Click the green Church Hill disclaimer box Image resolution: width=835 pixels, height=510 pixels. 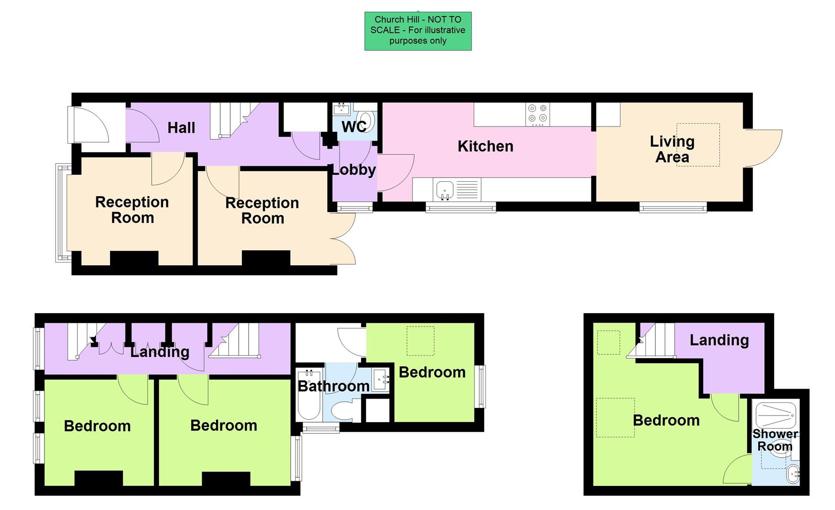click(418, 31)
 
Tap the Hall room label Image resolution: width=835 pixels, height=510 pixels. click(181, 127)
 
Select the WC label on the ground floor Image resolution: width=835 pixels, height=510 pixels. click(353, 127)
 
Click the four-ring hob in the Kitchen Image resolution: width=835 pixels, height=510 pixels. click(537, 114)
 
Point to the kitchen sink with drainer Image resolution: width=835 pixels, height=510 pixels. click(456, 189)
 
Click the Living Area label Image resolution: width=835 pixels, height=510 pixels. click(672, 149)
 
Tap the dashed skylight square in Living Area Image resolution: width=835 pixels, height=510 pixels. click(698, 144)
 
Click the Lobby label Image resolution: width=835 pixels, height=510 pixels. click(353, 170)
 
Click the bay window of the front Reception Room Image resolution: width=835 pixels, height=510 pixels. click(62, 212)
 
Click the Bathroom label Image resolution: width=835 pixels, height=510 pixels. click(333, 386)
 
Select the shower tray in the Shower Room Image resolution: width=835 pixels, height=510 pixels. click(775, 414)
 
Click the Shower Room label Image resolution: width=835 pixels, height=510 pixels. click(775, 440)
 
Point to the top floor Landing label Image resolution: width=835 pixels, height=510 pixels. click(719, 340)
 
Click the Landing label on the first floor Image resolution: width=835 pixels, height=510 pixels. click(160, 351)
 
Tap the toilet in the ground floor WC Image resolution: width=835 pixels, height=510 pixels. click(366, 120)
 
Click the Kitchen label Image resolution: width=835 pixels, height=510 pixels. click(485, 146)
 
